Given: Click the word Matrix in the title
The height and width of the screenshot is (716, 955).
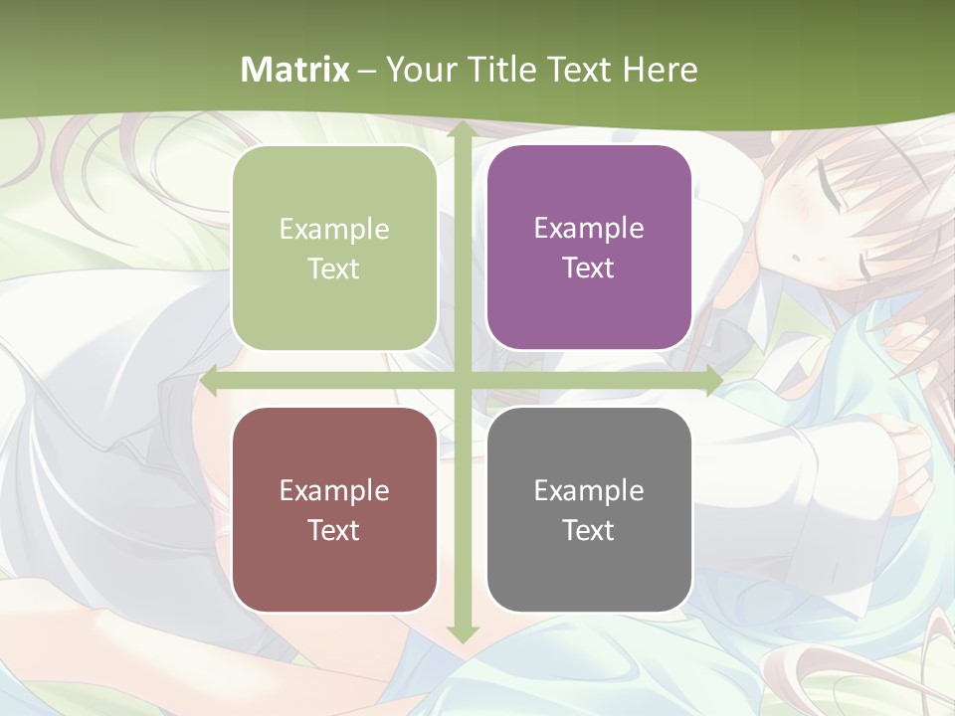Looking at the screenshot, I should click(295, 70).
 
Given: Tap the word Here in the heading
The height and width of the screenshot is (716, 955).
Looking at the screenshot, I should click(660, 70).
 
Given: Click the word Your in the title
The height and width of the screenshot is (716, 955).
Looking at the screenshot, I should click(419, 70).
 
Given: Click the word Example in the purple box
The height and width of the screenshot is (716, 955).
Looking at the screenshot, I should click(589, 229).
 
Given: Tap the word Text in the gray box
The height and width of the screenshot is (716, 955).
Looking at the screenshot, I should click(589, 530).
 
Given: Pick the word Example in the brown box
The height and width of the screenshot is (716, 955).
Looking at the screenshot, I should click(334, 490).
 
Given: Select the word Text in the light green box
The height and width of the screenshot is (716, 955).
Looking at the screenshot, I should click(334, 268).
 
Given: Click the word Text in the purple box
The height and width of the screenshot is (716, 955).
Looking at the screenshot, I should click(589, 268).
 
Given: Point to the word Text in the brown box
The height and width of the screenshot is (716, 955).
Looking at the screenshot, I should click(334, 530).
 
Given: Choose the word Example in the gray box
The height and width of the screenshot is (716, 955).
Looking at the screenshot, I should click(589, 490).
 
